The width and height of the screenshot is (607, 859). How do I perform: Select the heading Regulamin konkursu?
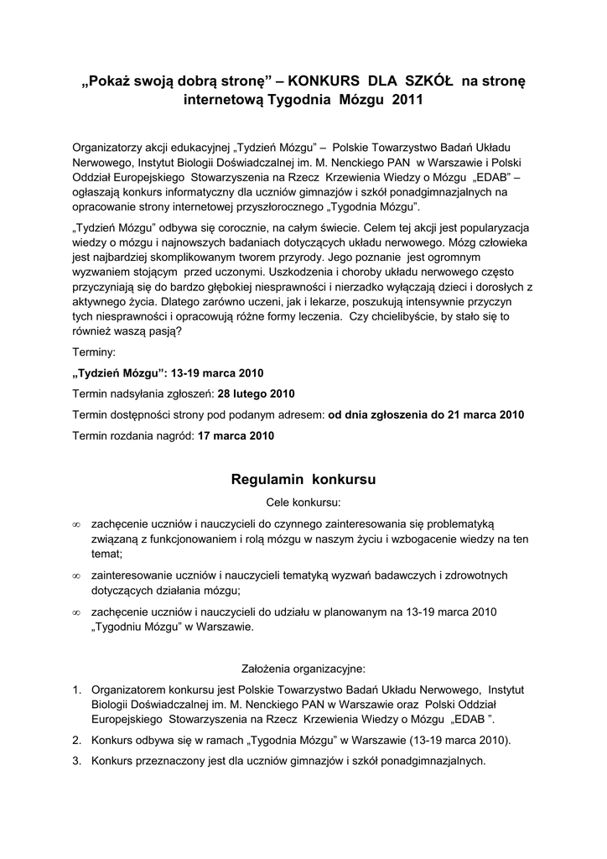tap(303, 481)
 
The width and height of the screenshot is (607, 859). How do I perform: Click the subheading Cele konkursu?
tap(303, 503)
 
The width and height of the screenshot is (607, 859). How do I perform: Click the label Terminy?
tap(95, 352)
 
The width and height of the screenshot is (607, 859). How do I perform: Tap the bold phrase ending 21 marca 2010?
tap(426, 414)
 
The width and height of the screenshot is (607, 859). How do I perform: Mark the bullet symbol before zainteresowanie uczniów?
tap(76, 576)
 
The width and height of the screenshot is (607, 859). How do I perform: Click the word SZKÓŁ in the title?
tap(428, 81)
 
